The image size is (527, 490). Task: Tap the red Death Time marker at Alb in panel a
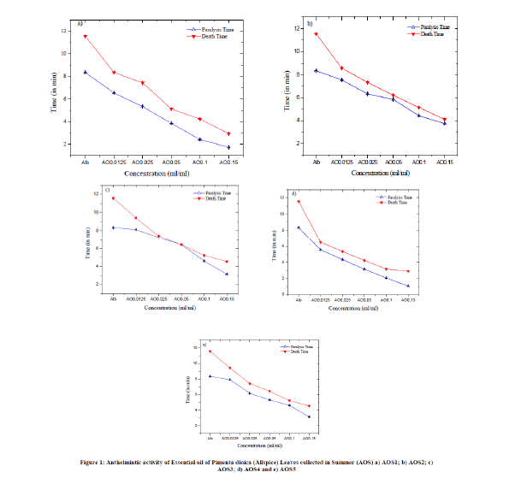(85, 37)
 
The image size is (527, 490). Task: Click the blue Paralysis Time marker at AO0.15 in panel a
(228, 147)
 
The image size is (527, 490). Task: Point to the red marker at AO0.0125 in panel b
(342, 68)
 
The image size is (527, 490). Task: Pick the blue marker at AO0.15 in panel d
(408, 286)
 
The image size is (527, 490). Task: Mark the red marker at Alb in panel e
(210, 351)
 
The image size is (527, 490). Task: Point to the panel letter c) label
(106, 190)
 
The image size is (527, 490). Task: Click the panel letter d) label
(293, 193)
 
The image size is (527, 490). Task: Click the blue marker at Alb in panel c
(112, 227)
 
